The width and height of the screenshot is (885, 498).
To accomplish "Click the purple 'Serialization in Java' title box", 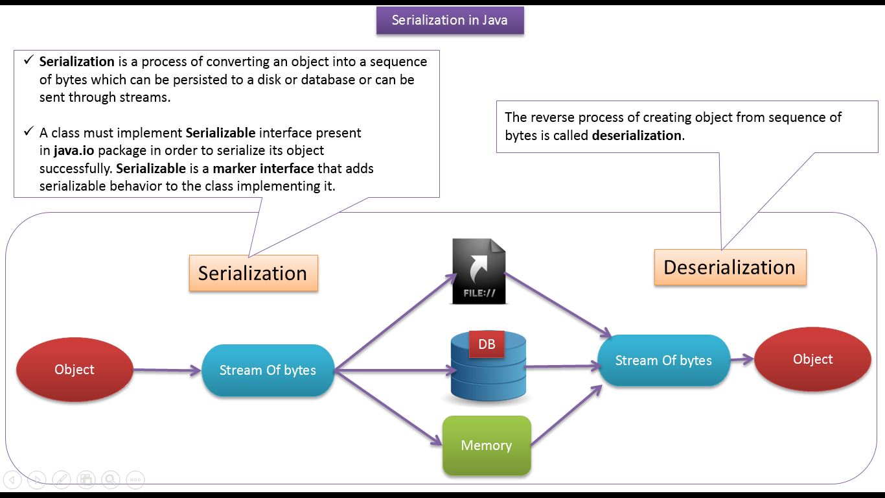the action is [450, 20].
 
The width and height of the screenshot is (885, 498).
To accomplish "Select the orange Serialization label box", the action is [253, 274].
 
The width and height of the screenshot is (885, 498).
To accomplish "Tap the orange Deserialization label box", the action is [730, 267].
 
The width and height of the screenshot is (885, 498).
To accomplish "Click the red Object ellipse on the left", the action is [75, 370].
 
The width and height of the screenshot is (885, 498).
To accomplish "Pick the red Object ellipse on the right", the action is [812, 359].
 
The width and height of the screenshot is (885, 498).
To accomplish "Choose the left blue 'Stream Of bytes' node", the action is [268, 370].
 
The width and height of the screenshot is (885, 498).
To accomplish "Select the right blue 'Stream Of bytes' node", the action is [663, 361].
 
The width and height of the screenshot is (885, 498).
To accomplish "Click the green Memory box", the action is [487, 445].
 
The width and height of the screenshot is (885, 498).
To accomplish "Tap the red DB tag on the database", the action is [487, 344].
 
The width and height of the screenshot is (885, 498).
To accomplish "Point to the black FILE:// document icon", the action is [479, 271].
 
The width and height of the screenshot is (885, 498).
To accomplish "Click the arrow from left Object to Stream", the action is [167, 370].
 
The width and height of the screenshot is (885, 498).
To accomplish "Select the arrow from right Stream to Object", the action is [742, 359].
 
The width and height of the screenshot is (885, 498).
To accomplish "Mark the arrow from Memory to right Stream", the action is [566, 416].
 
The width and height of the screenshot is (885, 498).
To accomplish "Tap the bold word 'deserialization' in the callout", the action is [636, 136].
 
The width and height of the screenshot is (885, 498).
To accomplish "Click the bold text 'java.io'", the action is [74, 150].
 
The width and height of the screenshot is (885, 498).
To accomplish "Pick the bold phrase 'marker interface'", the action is [263, 169].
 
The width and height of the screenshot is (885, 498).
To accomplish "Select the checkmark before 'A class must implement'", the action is [29, 132].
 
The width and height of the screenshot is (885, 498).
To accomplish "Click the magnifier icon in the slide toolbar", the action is [111, 480].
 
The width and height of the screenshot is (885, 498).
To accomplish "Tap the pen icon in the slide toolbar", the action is [62, 480].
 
